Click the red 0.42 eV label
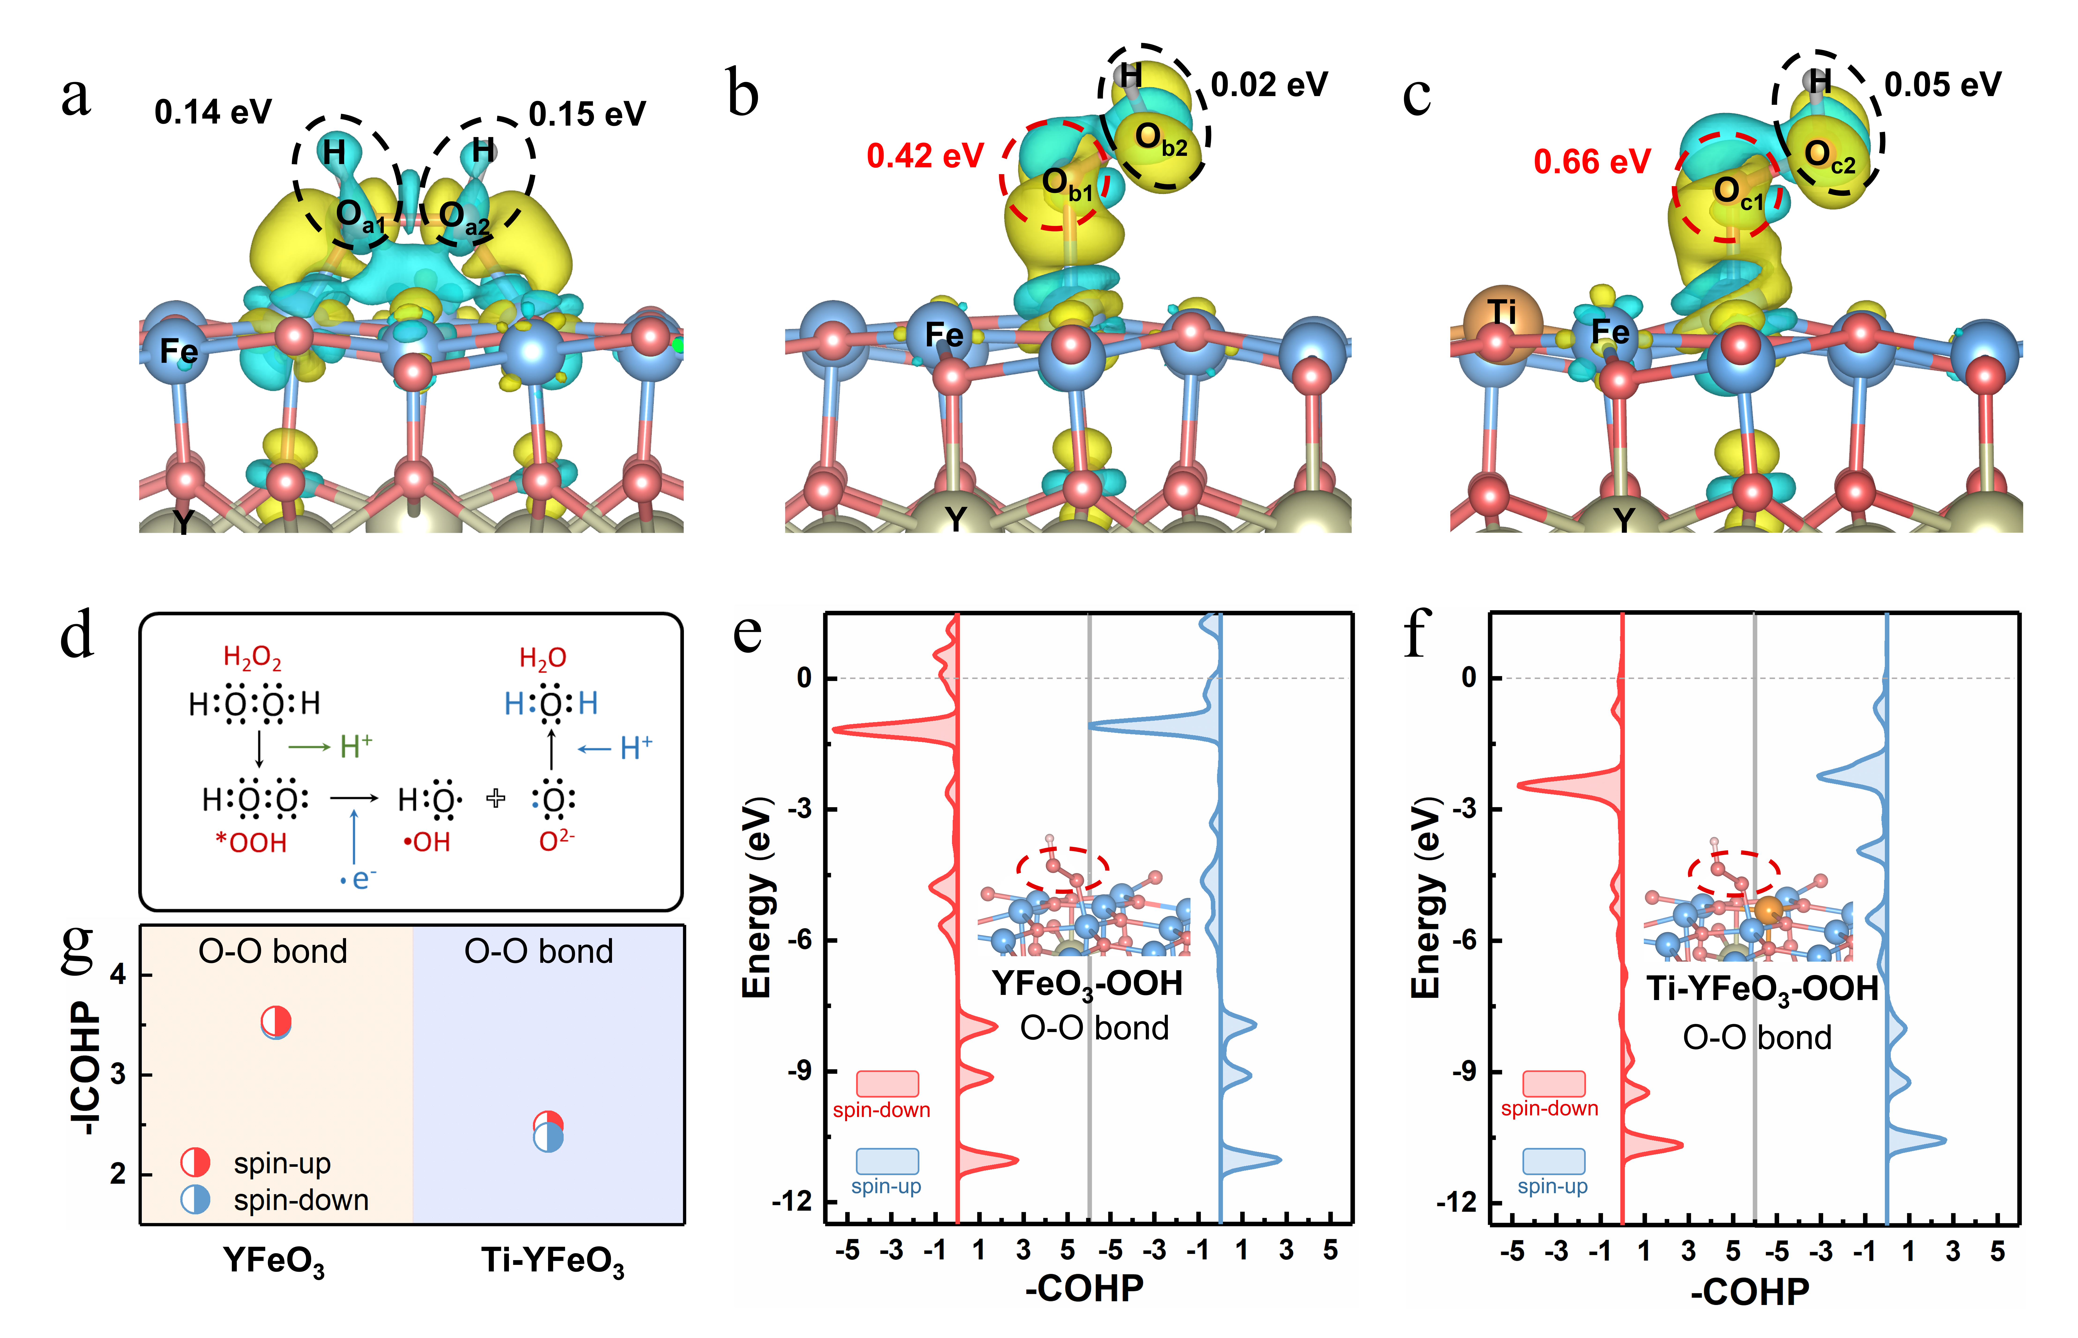[925, 156]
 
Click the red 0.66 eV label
[1592, 162]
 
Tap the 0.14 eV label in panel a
[213, 112]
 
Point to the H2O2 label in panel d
[253, 658]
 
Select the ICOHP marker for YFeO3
[276, 1023]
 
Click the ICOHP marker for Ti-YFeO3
[548, 1131]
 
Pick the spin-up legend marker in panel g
[195, 1162]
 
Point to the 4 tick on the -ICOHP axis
[118, 974]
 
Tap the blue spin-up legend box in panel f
[1553, 1161]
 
